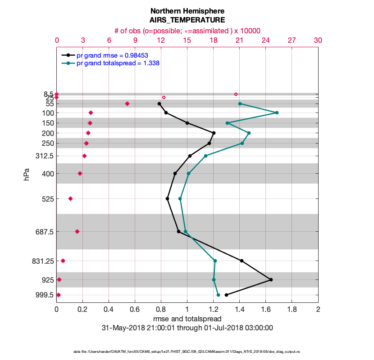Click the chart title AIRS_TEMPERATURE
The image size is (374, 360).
click(187, 20)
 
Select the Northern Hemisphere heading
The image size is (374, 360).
click(187, 11)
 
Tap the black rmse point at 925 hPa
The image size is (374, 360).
click(271, 279)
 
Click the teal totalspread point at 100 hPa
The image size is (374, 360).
click(277, 112)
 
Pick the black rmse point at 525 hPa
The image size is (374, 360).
click(168, 198)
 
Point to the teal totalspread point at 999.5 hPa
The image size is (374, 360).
click(218, 295)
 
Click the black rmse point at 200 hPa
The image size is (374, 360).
click(214, 133)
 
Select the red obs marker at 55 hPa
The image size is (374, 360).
click(127, 103)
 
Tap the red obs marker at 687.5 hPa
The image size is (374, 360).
click(77, 231)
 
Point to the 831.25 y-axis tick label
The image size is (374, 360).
click(41, 261)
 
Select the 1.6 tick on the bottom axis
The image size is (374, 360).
click(266, 310)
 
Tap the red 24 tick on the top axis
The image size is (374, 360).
click(265, 40)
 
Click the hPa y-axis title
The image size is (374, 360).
click(26, 174)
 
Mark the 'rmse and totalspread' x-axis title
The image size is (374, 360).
click(187, 319)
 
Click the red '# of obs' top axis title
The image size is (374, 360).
click(187, 31)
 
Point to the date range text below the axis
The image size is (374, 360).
click(187, 328)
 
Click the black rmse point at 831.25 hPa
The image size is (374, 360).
click(242, 261)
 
